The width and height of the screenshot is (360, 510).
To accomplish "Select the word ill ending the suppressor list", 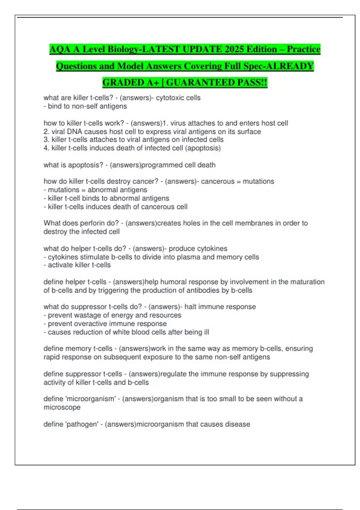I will [x=206, y=332].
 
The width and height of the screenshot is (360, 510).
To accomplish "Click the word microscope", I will [x=62, y=407].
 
